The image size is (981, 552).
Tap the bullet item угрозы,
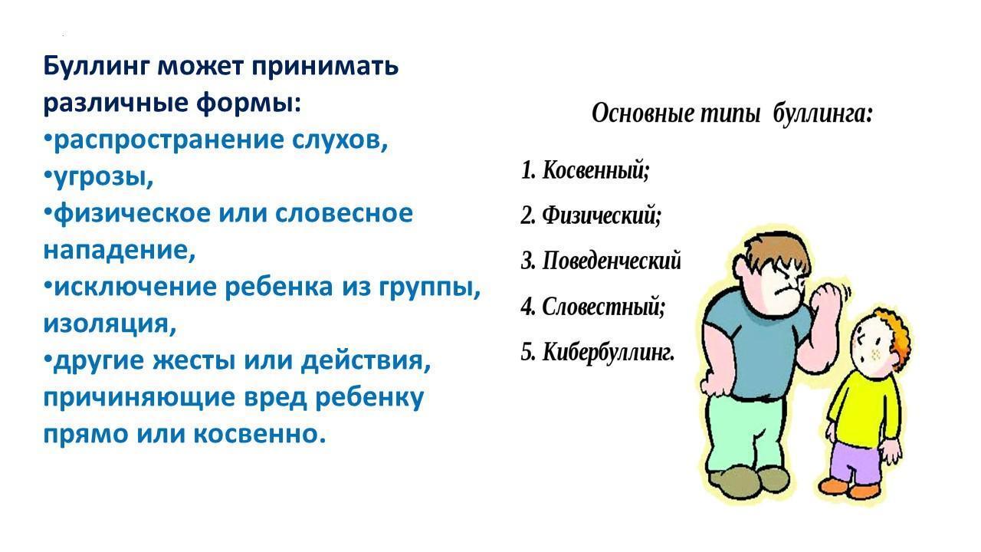pos(99,177)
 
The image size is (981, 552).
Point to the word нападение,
pos(119,251)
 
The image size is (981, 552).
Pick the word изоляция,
pos(110,324)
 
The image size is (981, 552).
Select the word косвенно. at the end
pos(260,435)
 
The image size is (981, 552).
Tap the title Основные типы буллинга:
pos(732,114)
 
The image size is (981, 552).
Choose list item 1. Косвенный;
pos(585,170)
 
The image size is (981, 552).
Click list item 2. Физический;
pos(591,215)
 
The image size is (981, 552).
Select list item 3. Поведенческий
pos(601,261)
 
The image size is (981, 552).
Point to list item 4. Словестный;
pos(593,307)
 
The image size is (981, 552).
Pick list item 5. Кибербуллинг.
pos(598,353)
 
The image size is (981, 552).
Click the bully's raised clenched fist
pos(826,299)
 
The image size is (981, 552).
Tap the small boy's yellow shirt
pos(865,406)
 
